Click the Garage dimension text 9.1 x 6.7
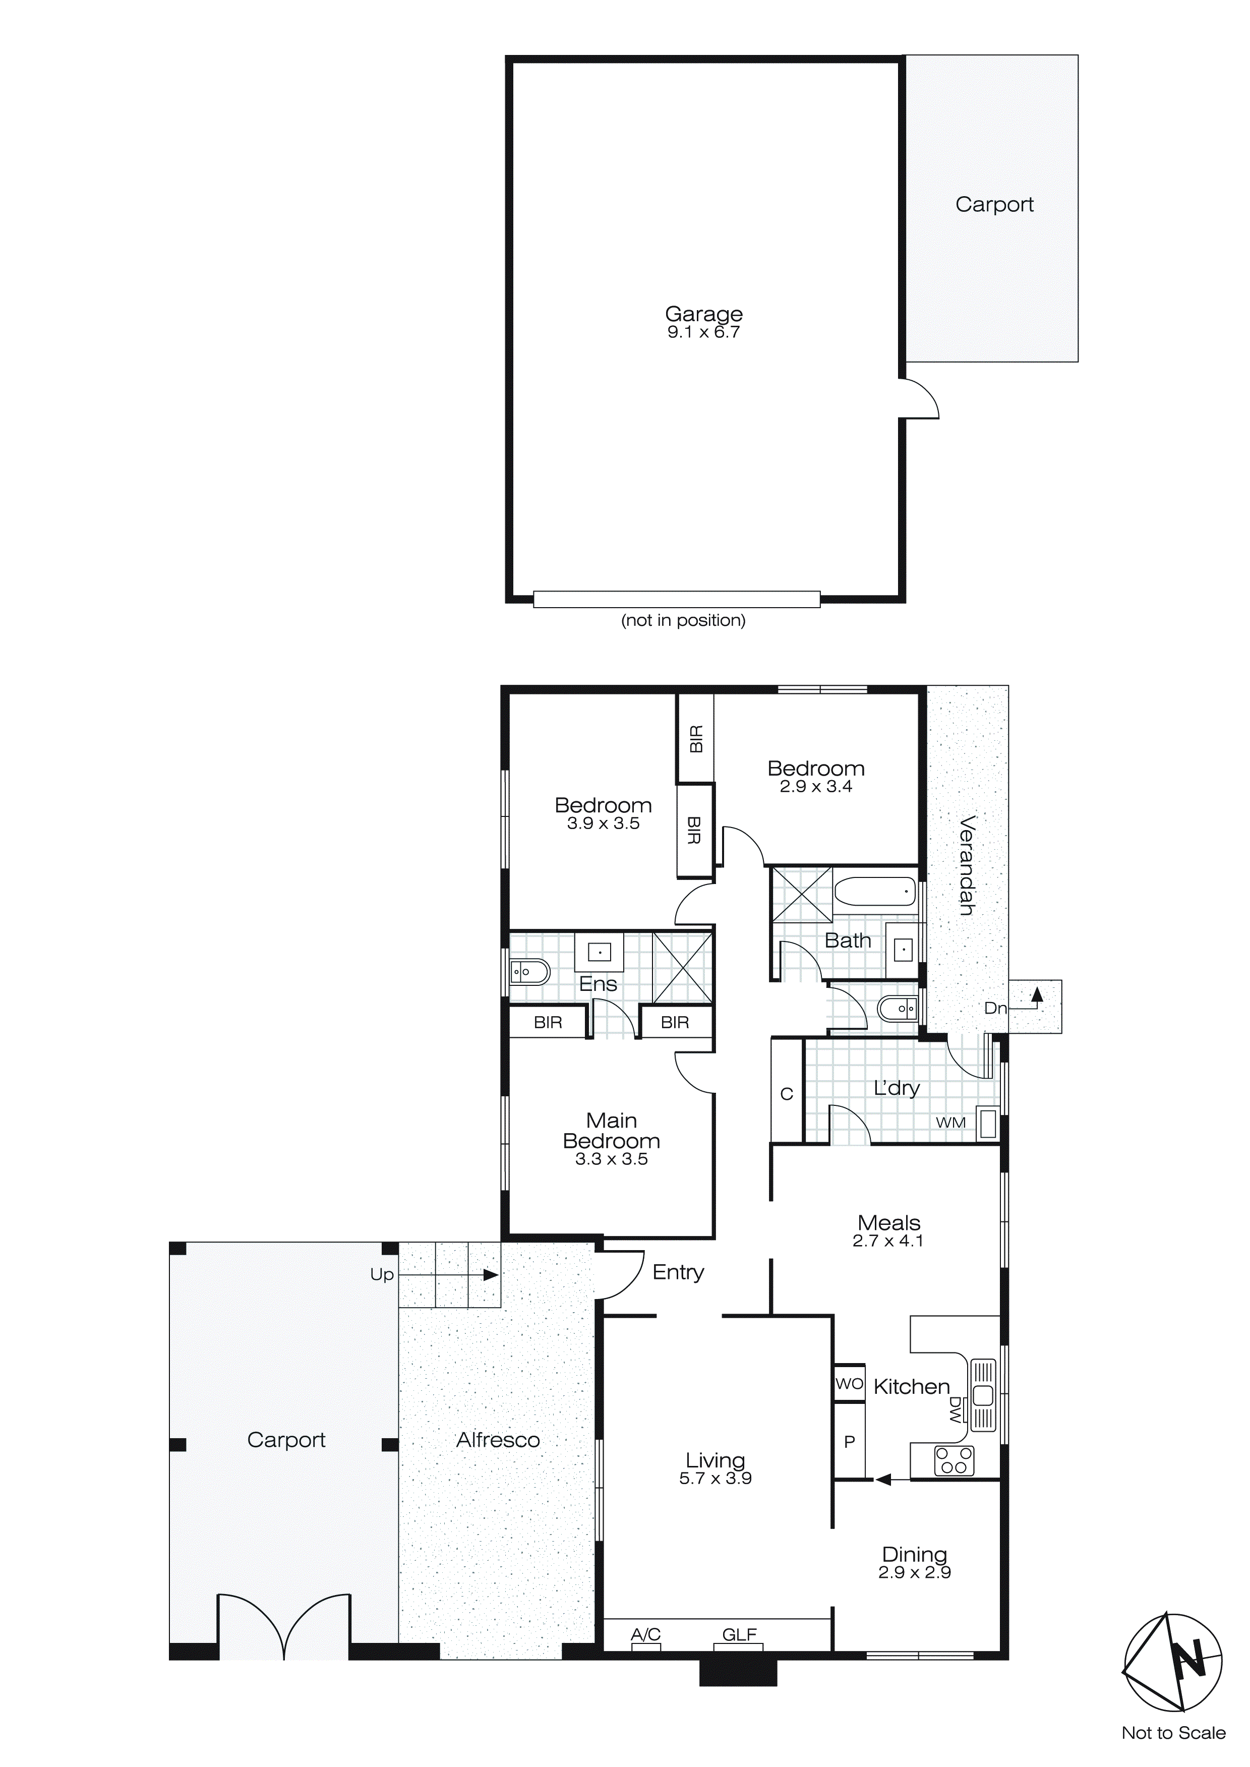click(703, 332)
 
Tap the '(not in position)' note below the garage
click(683, 620)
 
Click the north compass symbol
click(1173, 1662)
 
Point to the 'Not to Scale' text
click(1173, 1733)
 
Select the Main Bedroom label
click(611, 1131)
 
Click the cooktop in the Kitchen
click(954, 1461)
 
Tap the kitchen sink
click(983, 1394)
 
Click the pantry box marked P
click(849, 1441)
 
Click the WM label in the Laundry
click(950, 1123)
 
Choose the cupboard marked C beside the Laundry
click(787, 1094)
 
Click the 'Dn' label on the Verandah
click(995, 1008)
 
